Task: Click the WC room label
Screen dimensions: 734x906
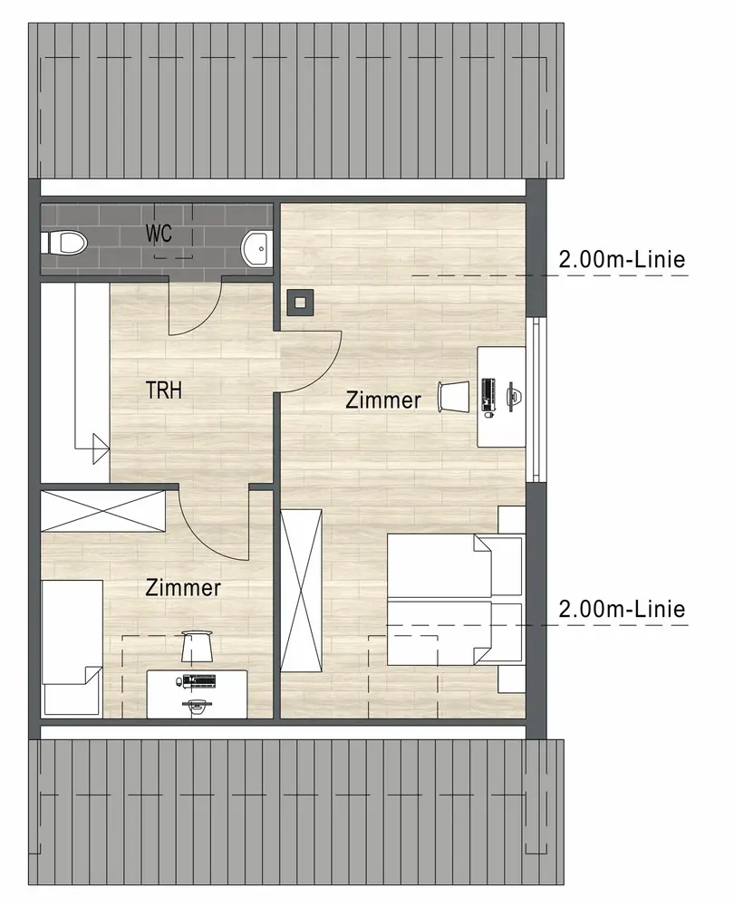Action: click(x=159, y=234)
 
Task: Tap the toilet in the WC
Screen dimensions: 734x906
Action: click(x=63, y=243)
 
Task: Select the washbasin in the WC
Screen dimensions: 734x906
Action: click(x=256, y=249)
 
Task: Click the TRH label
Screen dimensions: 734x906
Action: click(x=163, y=390)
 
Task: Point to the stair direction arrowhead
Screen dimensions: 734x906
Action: click(x=101, y=448)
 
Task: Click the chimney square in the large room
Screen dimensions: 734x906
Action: click(x=300, y=303)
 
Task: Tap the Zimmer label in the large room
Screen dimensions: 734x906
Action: click(x=383, y=400)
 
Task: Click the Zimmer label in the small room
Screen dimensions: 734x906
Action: click(x=183, y=588)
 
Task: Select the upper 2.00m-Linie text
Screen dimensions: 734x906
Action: click(x=622, y=259)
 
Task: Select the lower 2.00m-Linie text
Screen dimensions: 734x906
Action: click(x=622, y=609)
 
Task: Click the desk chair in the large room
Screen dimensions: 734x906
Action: click(x=454, y=397)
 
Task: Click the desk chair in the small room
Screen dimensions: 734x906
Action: click(x=197, y=647)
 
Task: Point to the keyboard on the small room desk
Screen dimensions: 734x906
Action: click(x=198, y=681)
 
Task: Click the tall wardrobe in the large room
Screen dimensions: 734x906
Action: click(x=301, y=591)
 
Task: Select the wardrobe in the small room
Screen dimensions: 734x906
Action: click(x=103, y=511)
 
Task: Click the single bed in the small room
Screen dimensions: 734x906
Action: click(x=72, y=649)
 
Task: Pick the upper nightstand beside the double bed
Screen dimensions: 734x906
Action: click(x=511, y=520)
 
